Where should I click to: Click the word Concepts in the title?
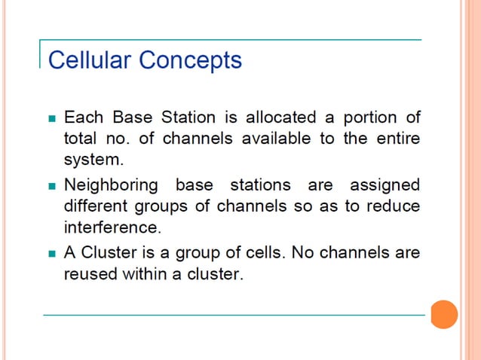(x=194, y=59)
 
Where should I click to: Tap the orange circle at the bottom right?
(x=444, y=314)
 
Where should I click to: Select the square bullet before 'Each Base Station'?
(x=52, y=119)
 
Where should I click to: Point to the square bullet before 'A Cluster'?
(x=52, y=253)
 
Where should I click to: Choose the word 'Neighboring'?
(x=112, y=185)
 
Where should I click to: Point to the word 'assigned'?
(x=384, y=185)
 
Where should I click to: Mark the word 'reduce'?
(x=393, y=206)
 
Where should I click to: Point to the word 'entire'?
(x=395, y=139)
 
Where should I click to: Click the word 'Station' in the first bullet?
(x=170, y=117)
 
